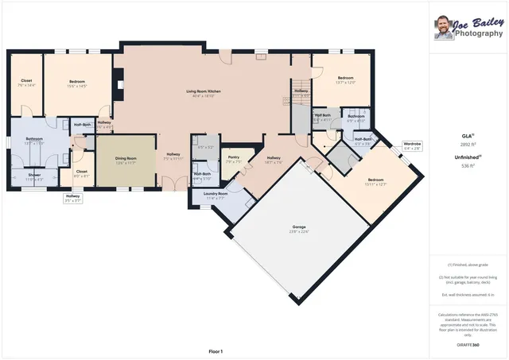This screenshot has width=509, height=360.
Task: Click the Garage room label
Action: click(298, 228)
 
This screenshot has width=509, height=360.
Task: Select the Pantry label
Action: click(233, 160)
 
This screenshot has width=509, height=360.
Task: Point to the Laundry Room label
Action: click(216, 195)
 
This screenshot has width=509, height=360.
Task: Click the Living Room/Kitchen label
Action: click(203, 94)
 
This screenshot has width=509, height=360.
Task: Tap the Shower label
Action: click(34, 176)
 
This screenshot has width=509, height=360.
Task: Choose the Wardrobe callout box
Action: click(412, 145)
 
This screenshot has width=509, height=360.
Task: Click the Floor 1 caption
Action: click(216, 350)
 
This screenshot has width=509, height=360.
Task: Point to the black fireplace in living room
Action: click(118, 80)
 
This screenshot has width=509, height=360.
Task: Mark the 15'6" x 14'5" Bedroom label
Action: click(76, 83)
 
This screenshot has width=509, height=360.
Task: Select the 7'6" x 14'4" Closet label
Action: click(26, 83)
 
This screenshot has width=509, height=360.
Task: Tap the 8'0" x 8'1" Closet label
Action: click(81, 173)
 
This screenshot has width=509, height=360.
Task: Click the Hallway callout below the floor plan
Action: click(73, 198)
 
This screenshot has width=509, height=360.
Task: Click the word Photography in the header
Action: click(480, 33)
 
